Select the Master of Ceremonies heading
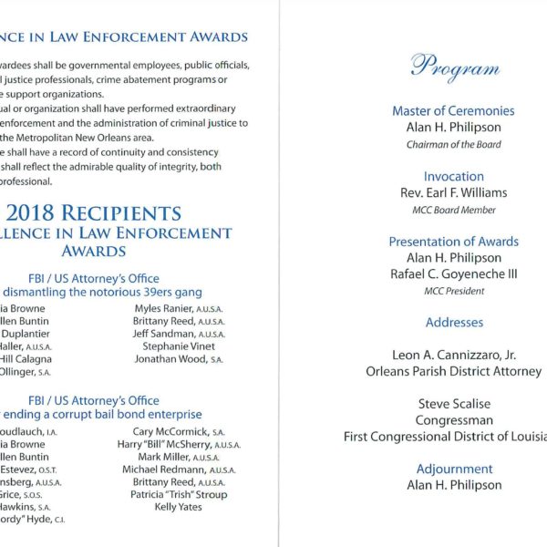click(453, 111)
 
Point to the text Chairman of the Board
click(453, 144)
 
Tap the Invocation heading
click(453, 176)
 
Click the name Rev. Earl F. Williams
click(453, 192)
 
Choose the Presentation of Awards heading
click(453, 242)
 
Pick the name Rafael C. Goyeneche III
click(453, 273)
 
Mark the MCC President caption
click(453, 291)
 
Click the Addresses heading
click(453, 323)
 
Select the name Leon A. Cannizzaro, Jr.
click(453, 356)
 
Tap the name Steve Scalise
click(453, 404)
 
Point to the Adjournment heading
click(453, 470)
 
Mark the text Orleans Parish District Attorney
click(453, 372)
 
